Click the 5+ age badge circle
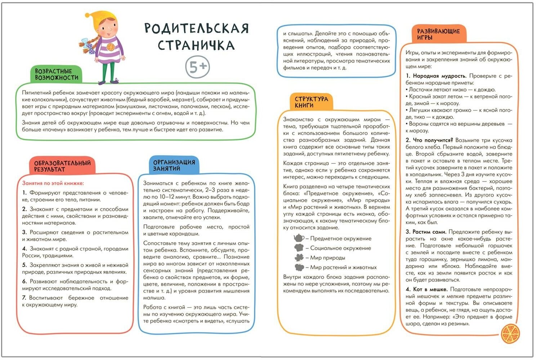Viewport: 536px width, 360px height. click(x=197, y=67)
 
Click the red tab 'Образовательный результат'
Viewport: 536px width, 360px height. click(x=62, y=166)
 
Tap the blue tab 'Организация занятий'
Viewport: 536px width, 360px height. click(x=174, y=165)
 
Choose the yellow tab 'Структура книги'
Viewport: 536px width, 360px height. click(x=311, y=102)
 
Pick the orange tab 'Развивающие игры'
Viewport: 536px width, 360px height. click(x=438, y=34)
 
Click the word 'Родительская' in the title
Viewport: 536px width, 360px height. click(x=197, y=28)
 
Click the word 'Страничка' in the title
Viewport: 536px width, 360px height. click(x=196, y=46)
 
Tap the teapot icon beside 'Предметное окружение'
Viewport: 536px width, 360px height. click(x=299, y=238)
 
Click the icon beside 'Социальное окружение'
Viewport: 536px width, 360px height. click(x=299, y=248)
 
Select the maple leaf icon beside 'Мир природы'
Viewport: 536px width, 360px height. click(x=299, y=257)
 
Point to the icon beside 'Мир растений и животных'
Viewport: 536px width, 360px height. click(x=299, y=267)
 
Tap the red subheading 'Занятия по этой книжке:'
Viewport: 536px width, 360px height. click(x=53, y=183)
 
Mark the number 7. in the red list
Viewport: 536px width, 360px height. click(x=24, y=298)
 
